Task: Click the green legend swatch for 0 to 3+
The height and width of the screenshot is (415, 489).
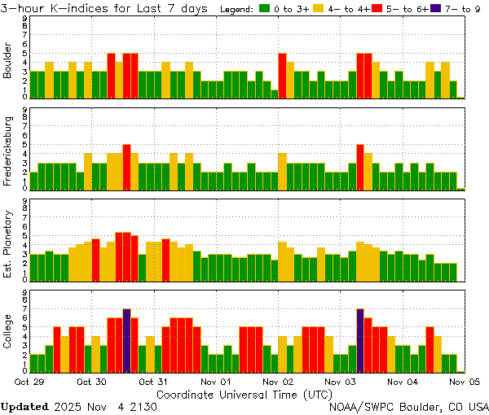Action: tap(265, 8)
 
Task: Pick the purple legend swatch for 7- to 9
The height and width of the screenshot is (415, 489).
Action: tap(434, 8)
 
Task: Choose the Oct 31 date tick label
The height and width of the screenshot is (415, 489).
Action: tap(154, 381)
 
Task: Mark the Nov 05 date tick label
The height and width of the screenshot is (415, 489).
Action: tap(465, 381)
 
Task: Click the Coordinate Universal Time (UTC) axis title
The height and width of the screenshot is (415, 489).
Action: tap(244, 393)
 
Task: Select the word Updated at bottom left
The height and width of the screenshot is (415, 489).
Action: tap(24, 406)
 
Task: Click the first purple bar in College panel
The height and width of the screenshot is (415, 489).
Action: tap(127, 340)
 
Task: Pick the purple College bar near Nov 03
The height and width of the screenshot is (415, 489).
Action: tap(360, 340)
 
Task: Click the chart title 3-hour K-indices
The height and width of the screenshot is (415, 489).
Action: tap(57, 8)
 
